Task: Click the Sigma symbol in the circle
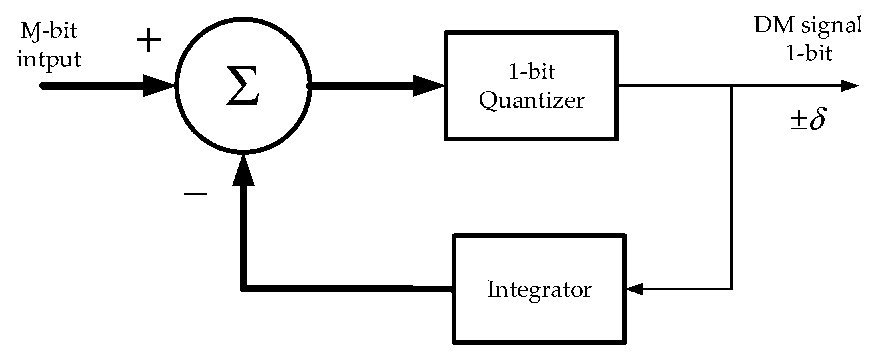click(243, 86)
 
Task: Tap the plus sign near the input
click(148, 40)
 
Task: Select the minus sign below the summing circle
click(195, 194)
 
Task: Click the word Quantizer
click(531, 101)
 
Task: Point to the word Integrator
click(539, 290)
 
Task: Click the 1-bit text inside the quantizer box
click(532, 72)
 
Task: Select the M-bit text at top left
click(49, 31)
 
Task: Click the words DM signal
click(808, 25)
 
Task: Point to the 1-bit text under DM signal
click(809, 54)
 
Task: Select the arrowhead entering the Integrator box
click(635, 289)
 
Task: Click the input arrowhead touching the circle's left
click(159, 86)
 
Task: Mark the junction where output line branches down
click(731, 86)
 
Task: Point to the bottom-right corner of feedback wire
click(731, 289)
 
